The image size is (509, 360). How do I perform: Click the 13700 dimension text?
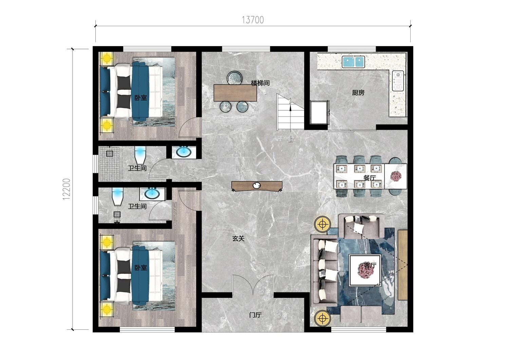point(253,20)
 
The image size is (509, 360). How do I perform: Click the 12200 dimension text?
point(67,189)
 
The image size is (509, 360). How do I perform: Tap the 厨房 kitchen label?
point(358,93)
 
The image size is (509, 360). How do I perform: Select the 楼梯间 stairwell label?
point(260,83)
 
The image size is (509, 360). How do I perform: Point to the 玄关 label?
point(238,238)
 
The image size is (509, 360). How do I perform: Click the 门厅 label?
point(256,315)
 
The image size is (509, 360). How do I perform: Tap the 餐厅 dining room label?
point(370,178)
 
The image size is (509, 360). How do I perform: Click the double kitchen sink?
point(353,62)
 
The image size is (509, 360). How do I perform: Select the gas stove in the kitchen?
point(398,81)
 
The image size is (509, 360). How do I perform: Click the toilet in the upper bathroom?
point(140,155)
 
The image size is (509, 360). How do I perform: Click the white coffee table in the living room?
point(365,270)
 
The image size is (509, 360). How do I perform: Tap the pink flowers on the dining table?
point(396,176)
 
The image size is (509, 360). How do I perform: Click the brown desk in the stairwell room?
point(235,93)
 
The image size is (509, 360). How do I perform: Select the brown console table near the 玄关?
point(257,186)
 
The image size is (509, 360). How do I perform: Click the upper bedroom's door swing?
point(189,127)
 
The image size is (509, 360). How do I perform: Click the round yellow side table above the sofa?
point(322,224)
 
